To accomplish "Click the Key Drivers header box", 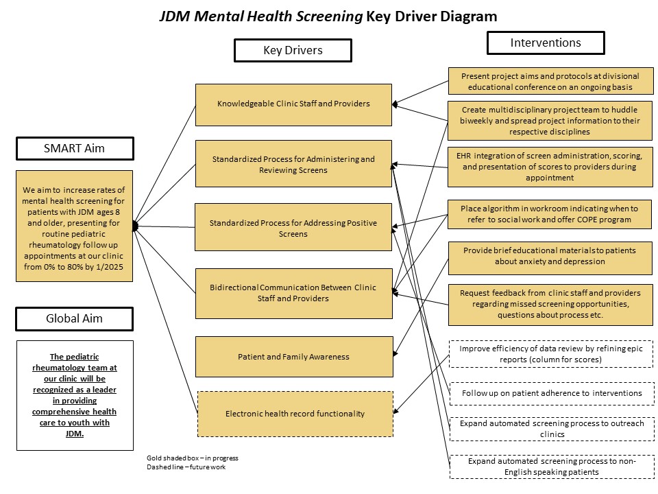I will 293,50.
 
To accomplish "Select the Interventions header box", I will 546,43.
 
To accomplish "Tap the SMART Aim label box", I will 74,149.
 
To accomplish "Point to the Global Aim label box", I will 74,318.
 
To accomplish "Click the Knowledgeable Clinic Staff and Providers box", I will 293,104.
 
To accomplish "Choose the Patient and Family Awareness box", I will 293,357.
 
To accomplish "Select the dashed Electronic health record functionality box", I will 295,414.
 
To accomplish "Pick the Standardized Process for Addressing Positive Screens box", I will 293,228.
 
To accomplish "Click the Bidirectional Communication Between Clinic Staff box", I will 293,293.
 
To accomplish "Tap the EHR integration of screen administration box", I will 550,167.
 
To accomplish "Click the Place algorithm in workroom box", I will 550,214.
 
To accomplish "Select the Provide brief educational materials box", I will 550,256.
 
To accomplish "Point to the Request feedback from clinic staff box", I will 550,304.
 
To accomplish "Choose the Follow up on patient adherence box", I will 550,393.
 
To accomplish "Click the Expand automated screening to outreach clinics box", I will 550,429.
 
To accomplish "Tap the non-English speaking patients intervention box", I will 550,467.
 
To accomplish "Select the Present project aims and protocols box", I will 550,82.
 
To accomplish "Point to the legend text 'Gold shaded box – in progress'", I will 192,458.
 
